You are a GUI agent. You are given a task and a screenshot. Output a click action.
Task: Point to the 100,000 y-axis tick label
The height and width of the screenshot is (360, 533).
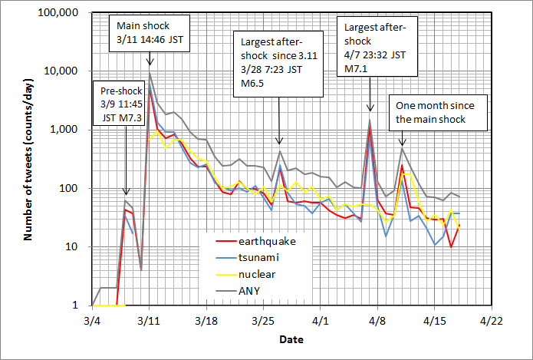pos(64,13)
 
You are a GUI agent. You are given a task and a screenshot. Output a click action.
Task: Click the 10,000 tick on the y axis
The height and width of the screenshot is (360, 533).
pos(67,71)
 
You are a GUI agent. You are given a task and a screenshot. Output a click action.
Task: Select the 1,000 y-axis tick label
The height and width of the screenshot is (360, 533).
pos(70,130)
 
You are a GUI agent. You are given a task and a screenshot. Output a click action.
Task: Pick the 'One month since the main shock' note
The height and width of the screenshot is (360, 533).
pos(429,112)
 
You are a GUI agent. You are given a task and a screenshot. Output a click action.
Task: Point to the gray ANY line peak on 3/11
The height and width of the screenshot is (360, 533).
pos(150,72)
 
